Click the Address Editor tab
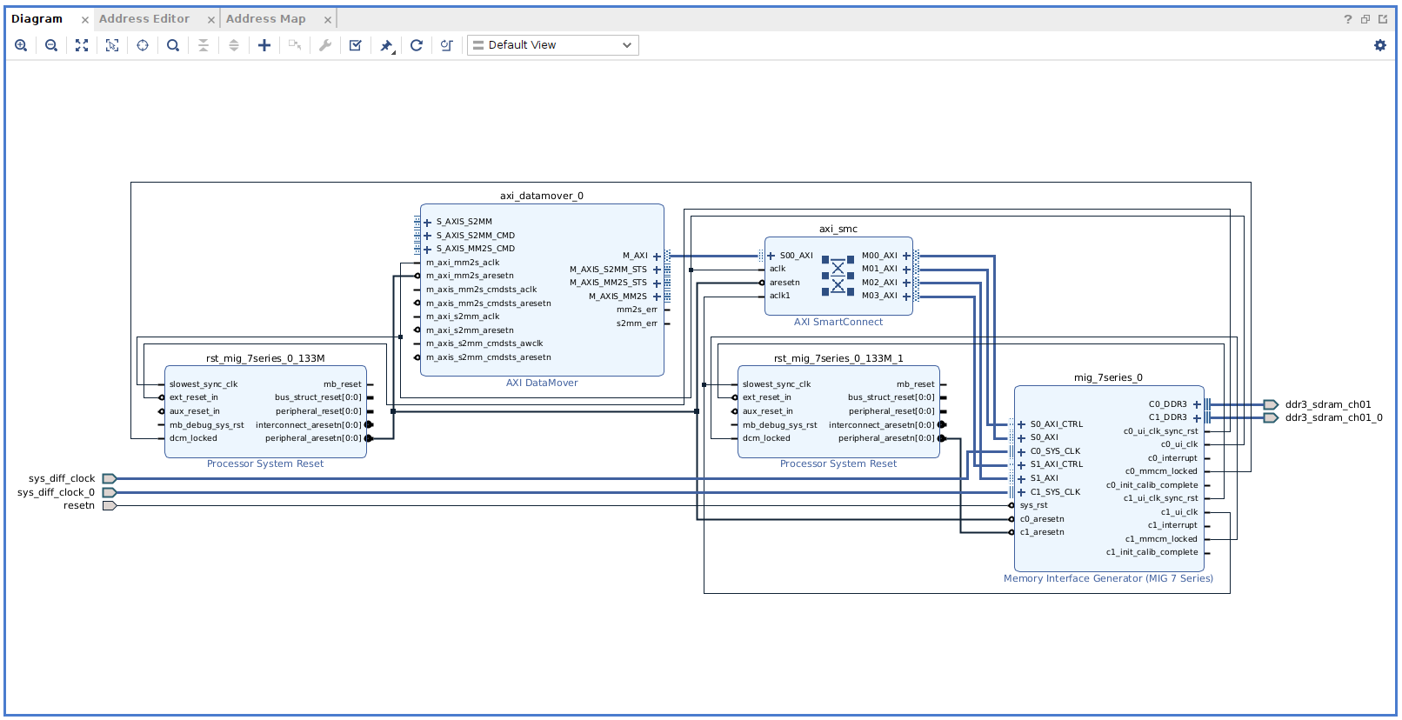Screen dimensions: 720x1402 coord(144,18)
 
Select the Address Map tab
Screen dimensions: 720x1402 coord(265,18)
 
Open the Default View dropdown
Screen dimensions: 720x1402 coord(553,45)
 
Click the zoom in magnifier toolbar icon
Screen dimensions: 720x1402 coord(21,45)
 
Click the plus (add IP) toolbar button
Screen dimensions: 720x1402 coord(264,45)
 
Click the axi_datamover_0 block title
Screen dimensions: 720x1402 coord(541,196)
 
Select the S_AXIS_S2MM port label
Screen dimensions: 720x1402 coord(464,222)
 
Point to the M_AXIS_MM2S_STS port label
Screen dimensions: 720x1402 coord(608,283)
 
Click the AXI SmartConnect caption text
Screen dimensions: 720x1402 coord(838,322)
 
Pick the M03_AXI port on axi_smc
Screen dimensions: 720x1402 coord(879,296)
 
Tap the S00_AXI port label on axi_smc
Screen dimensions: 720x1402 coord(796,256)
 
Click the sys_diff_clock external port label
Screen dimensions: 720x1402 coord(62,478)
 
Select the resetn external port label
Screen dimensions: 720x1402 coord(79,505)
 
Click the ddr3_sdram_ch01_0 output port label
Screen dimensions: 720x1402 coord(1333,417)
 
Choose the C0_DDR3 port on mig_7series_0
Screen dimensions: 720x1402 coord(1167,404)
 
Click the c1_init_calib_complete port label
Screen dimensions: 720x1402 coord(1152,552)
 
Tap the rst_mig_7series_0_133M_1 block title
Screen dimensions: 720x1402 coord(838,358)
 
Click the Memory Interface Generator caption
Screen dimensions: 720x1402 coord(1108,578)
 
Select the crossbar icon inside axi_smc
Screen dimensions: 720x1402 coord(838,276)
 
